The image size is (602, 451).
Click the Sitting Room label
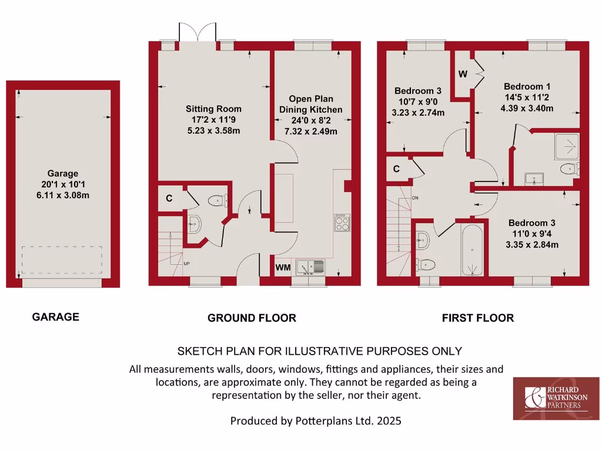tap(213, 109)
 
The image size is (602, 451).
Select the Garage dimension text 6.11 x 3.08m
tap(63, 195)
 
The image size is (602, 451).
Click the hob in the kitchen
tap(342, 222)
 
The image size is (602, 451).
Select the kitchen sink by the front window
tap(310, 267)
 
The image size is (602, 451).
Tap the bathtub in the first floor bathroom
tap(473, 249)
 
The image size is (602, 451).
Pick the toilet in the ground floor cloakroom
tap(218, 201)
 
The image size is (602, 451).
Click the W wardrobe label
tap(463, 74)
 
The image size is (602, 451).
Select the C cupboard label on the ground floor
tap(169, 198)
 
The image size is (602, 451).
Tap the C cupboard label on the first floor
tap(396, 169)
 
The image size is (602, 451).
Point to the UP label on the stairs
tap(188, 264)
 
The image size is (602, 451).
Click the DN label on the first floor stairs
tap(415, 197)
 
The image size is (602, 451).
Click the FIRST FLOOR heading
tap(477, 318)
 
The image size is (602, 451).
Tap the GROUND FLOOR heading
tap(252, 318)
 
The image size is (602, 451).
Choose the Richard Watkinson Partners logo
tap(556, 399)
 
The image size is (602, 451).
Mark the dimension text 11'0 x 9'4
tap(531, 234)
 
